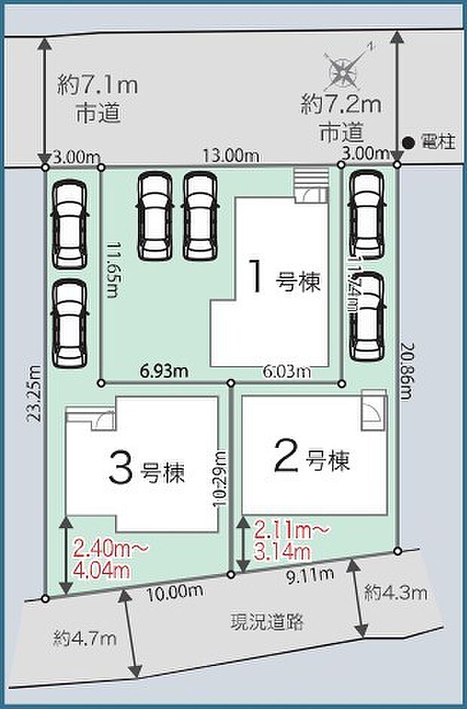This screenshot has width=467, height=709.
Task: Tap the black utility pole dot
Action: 407,141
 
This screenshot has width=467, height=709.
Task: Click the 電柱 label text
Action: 438,141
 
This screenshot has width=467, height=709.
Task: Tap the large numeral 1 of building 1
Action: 257,277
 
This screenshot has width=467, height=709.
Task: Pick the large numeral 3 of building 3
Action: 121,469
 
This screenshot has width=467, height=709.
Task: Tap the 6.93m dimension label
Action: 163,370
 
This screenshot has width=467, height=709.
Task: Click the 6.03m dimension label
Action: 285,371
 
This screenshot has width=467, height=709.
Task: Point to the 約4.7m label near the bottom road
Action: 84,639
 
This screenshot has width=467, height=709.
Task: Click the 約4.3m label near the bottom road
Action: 395,592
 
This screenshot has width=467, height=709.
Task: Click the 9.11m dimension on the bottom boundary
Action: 310,577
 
